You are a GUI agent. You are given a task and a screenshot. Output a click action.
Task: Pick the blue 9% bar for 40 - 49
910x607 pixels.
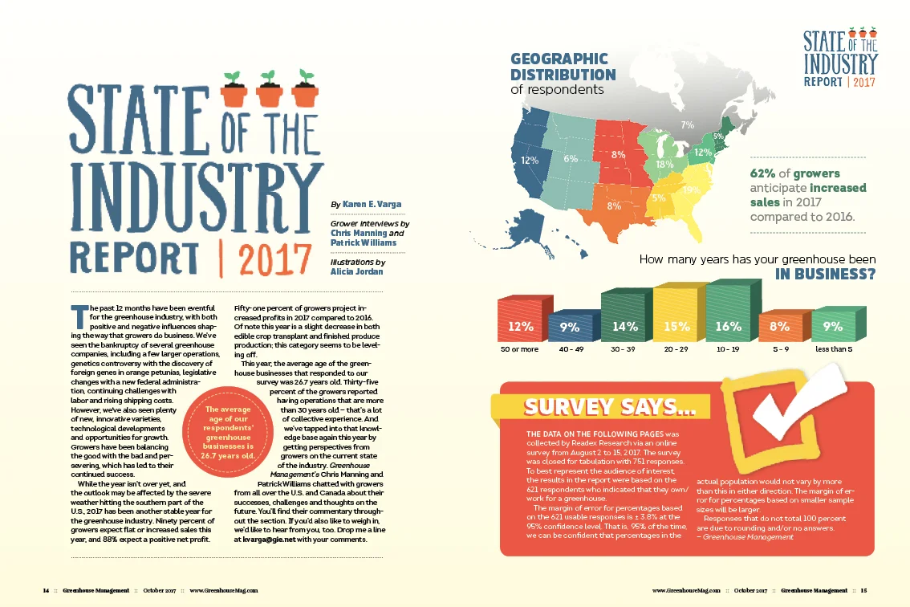click(574, 325)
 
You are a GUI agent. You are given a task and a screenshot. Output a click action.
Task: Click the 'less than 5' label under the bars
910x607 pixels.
click(834, 349)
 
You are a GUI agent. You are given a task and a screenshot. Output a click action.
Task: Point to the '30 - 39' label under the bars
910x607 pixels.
click(623, 349)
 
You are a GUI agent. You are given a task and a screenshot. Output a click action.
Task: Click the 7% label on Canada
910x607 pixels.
click(687, 124)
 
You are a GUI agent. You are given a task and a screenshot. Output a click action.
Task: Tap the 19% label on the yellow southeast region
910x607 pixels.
click(691, 189)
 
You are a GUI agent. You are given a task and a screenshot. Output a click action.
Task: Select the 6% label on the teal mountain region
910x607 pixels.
click(571, 159)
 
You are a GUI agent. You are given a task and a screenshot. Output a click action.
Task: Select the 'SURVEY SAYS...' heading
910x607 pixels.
click(609, 406)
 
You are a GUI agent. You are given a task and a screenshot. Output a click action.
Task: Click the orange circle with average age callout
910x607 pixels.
click(228, 432)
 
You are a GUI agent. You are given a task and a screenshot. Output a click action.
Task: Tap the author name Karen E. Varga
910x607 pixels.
click(372, 204)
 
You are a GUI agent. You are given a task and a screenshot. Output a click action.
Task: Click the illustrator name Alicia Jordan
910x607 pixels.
click(357, 271)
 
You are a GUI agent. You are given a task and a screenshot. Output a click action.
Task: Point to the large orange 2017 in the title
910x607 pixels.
click(274, 259)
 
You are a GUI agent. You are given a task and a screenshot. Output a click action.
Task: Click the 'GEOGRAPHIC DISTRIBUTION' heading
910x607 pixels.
click(563, 67)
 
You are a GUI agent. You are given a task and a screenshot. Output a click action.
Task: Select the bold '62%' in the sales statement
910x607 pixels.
click(762, 173)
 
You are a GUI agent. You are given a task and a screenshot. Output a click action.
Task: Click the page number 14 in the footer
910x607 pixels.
click(46, 590)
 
